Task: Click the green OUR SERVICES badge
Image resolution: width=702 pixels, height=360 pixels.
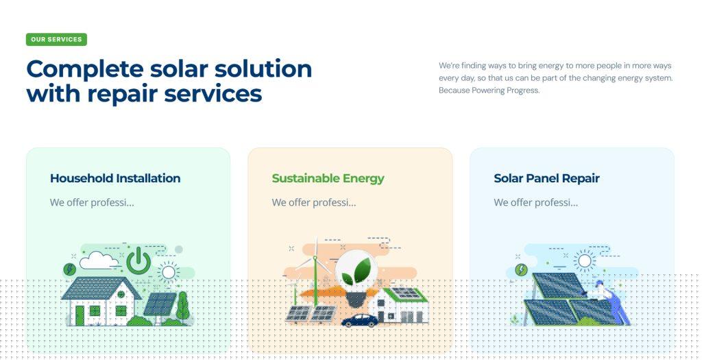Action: [x=56, y=39]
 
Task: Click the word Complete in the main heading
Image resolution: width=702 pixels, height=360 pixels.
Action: [x=85, y=69]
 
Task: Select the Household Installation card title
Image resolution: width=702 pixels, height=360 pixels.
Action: [x=115, y=178]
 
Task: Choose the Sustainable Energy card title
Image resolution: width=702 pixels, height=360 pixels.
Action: [x=328, y=178]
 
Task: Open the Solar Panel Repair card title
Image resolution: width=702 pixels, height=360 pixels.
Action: [x=546, y=178]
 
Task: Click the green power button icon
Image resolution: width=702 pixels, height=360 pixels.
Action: [x=138, y=261]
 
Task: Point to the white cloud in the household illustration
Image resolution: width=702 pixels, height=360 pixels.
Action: [x=99, y=260]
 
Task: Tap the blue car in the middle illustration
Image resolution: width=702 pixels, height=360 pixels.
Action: [x=359, y=320]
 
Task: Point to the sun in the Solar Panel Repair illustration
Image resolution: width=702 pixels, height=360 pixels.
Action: [x=584, y=261]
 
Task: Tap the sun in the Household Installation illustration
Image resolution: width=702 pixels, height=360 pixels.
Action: [x=169, y=272]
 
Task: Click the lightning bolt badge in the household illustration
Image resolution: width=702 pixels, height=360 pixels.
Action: [x=69, y=269]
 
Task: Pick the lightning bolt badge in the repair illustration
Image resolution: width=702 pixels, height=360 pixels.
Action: [x=521, y=269]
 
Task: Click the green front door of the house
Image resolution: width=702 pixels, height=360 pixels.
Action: [x=80, y=315]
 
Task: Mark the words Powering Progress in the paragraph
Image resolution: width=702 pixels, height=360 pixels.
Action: [x=505, y=91]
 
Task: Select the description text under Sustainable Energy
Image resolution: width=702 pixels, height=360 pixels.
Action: [x=314, y=202]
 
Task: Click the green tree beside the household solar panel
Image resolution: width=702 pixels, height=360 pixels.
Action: [x=182, y=307]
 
